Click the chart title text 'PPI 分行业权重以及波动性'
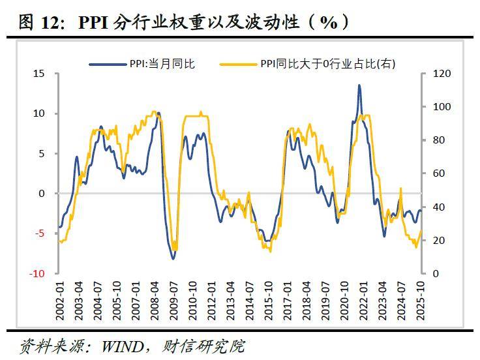(x=189, y=22)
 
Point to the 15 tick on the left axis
(x=40, y=74)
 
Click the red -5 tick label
(x=40, y=233)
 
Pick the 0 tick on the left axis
(x=42, y=194)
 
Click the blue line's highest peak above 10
(x=359, y=85)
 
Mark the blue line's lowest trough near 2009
(x=173, y=258)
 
